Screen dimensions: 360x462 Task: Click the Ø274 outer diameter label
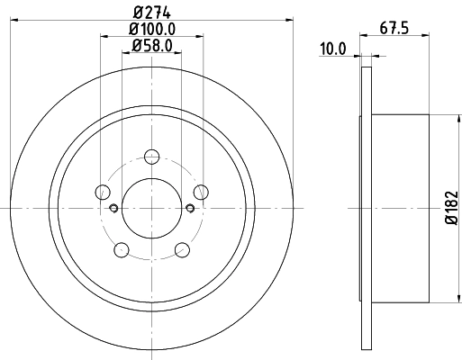point(151,12)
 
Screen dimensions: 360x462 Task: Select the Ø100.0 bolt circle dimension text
point(151,29)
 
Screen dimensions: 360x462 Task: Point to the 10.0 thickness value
point(332,50)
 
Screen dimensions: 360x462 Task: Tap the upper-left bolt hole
point(102,191)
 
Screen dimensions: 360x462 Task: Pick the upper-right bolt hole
point(201,191)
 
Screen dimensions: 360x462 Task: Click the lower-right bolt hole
point(182,249)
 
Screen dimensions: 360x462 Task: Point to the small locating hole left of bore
point(113,209)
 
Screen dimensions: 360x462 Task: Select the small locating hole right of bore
point(189,209)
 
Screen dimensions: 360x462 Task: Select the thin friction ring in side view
point(366,208)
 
